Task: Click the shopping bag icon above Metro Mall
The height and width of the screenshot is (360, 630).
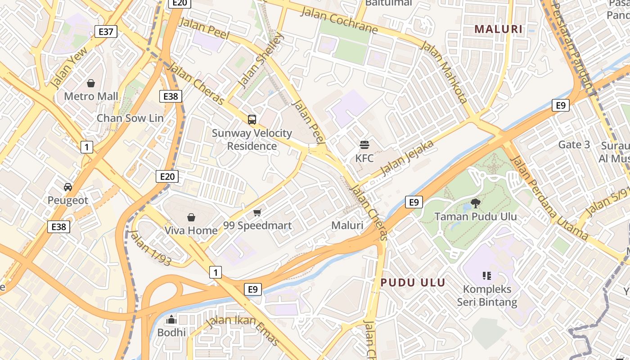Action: click(x=91, y=83)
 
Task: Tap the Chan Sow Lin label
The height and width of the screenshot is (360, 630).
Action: click(x=130, y=118)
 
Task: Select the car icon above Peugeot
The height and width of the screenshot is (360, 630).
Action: click(x=68, y=187)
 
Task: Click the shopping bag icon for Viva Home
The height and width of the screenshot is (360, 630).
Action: click(x=191, y=217)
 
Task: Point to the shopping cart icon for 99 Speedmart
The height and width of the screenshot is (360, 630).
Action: click(x=257, y=212)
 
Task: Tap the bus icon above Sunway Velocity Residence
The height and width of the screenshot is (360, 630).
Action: click(x=252, y=120)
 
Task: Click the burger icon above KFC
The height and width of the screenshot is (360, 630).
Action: click(x=364, y=145)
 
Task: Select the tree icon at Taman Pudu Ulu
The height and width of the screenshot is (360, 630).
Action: click(x=475, y=203)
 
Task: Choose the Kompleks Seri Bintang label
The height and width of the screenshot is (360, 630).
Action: click(x=487, y=295)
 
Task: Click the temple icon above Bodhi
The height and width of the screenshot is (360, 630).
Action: click(x=171, y=320)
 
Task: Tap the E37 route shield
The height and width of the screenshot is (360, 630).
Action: click(x=106, y=31)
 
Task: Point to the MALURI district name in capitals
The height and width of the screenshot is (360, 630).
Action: click(x=499, y=30)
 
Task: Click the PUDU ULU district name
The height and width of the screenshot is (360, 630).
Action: click(x=413, y=283)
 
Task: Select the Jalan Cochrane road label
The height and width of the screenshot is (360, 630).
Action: click(x=339, y=20)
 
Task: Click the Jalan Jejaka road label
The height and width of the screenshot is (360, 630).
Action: click(x=407, y=158)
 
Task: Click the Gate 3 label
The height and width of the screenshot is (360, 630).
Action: click(x=574, y=144)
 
